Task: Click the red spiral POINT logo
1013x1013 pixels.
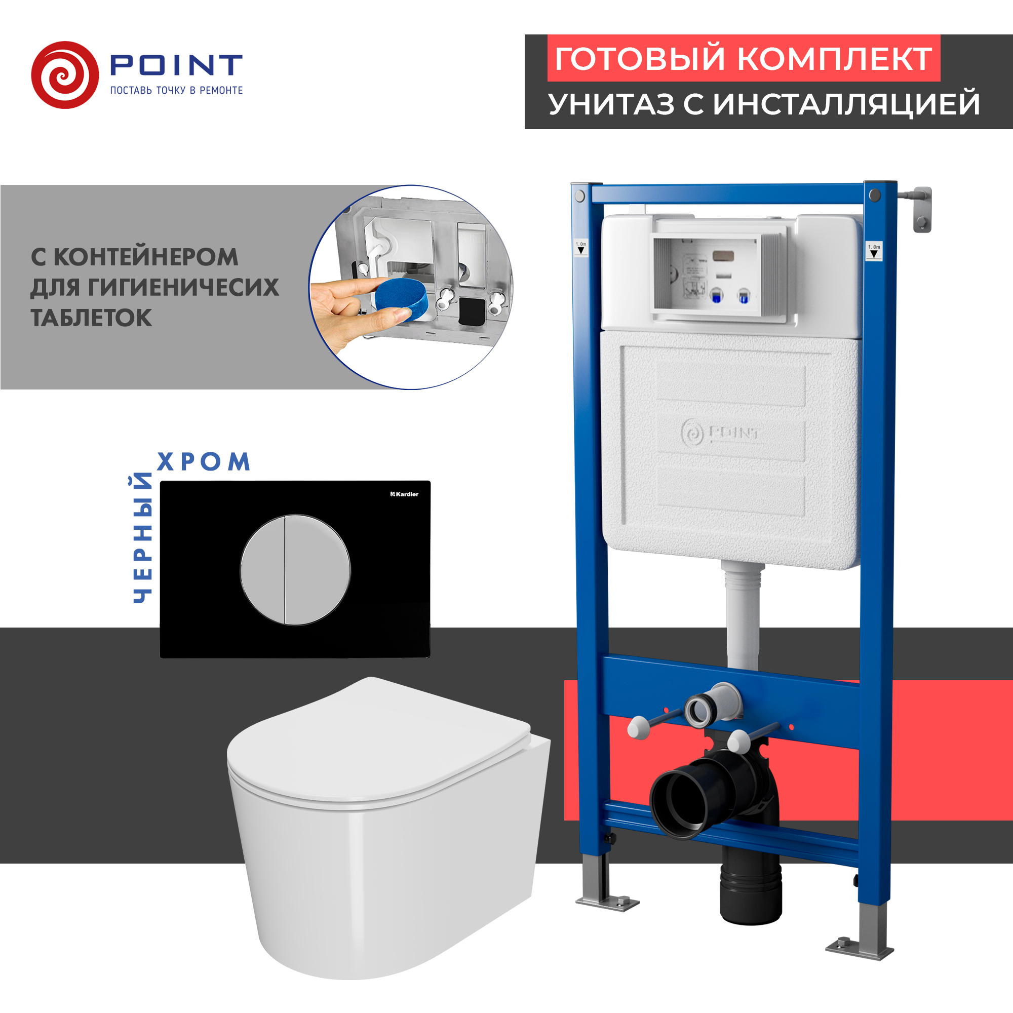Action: [65, 75]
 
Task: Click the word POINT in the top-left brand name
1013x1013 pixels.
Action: [176, 65]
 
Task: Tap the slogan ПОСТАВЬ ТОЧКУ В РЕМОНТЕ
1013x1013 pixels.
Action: [176, 90]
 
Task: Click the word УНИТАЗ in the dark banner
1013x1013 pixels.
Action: [611, 104]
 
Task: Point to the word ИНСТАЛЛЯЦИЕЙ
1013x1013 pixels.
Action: [846, 104]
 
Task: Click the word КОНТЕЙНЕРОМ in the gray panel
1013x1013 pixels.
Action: [146, 257]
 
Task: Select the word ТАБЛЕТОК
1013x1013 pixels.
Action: [91, 318]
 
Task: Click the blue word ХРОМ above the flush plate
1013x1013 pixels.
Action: [204, 462]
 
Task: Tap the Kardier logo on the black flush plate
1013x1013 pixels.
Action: [404, 494]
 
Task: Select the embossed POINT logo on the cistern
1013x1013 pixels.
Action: [720, 433]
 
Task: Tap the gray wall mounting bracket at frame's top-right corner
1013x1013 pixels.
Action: [921, 209]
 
